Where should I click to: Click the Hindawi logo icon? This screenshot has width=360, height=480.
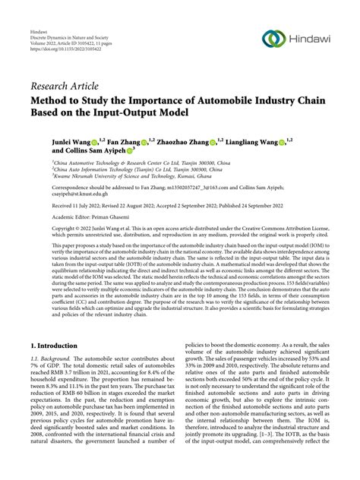tap(273, 39)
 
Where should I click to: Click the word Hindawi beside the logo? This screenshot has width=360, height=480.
tap(311, 39)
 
